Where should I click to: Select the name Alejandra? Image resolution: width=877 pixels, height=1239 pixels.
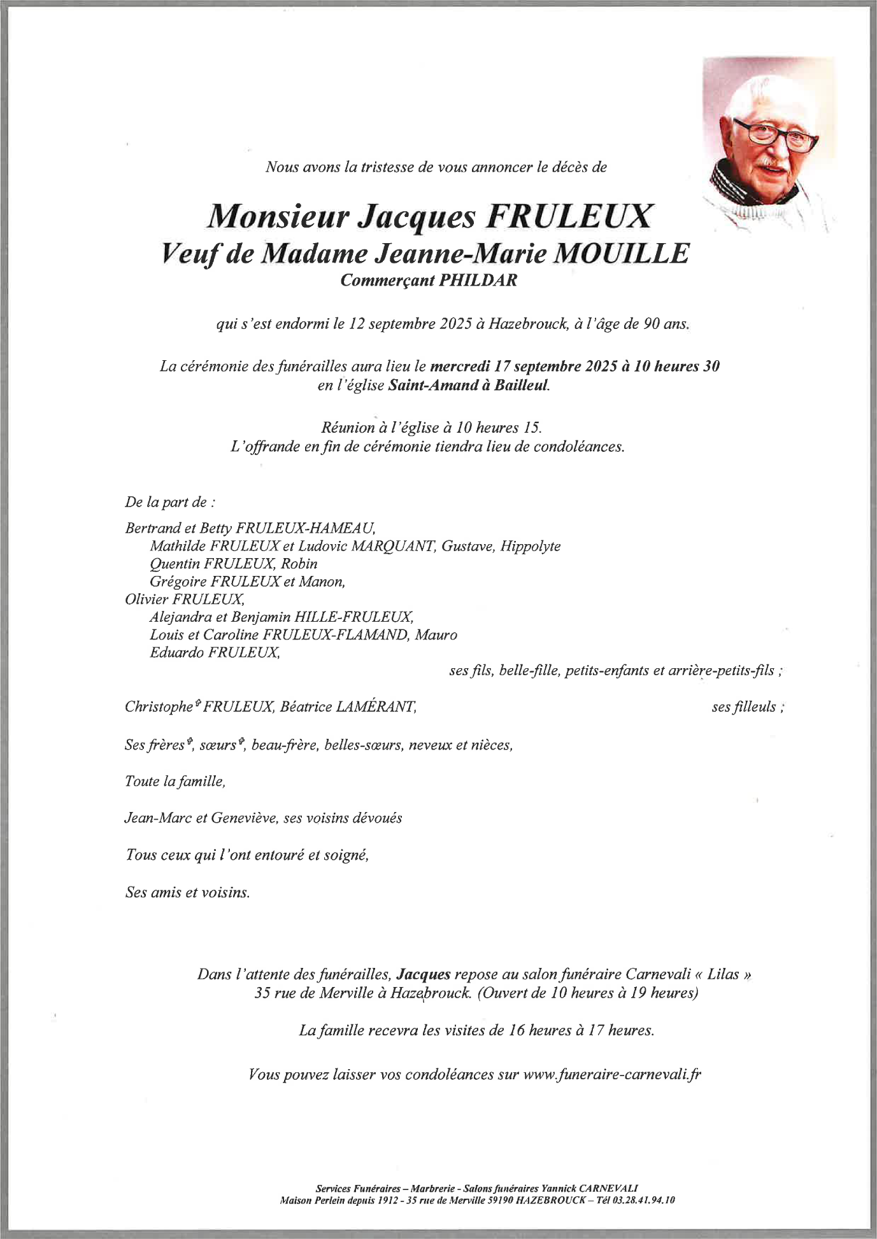(x=176, y=617)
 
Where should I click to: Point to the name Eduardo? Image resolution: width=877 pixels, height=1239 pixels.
(x=176, y=652)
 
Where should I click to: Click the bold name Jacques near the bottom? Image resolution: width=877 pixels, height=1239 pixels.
(x=424, y=974)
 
